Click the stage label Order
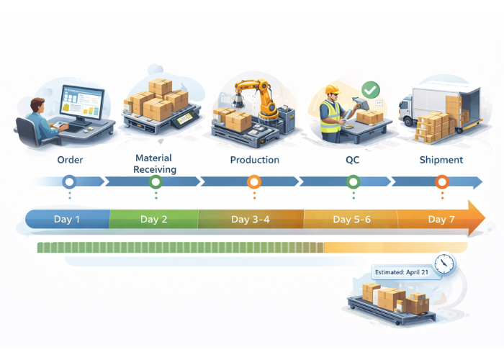pyautogui.click(x=70, y=160)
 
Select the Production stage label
pyautogui.click(x=254, y=160)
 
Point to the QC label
pyautogui.click(x=353, y=160)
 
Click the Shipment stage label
pyautogui.click(x=441, y=160)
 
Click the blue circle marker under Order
pyautogui.click(x=69, y=182)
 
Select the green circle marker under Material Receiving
pyautogui.click(x=156, y=182)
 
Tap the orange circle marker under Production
pyautogui.click(x=253, y=182)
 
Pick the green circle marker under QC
pyautogui.click(x=353, y=182)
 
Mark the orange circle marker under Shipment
pyautogui.click(x=442, y=182)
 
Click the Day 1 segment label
pyautogui.click(x=68, y=219)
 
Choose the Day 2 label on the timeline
pyautogui.click(x=154, y=219)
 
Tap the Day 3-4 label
pyautogui.click(x=251, y=219)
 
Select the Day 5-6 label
pyautogui.click(x=351, y=219)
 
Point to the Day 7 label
pyautogui.click(x=441, y=219)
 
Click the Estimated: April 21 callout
pyautogui.click(x=403, y=272)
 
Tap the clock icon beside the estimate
pyautogui.click(x=445, y=263)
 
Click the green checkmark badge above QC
pyautogui.click(x=370, y=91)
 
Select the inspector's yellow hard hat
pyautogui.click(x=331, y=90)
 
